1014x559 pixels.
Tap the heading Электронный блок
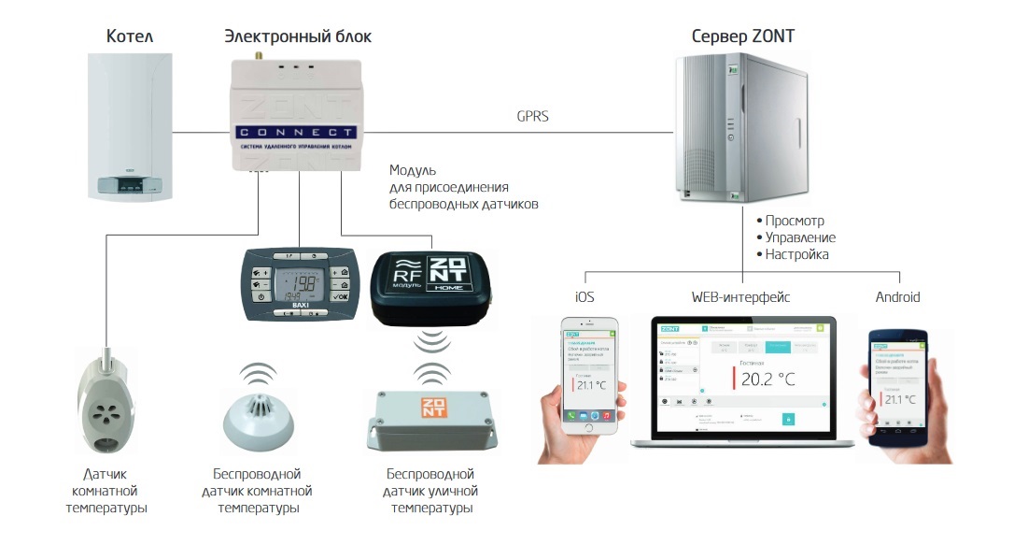click(x=297, y=36)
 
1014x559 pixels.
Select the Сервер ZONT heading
click(x=743, y=36)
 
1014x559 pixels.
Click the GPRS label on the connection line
click(x=533, y=117)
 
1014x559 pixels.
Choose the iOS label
click(x=585, y=297)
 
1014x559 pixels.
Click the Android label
click(x=897, y=297)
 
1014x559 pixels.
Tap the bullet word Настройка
click(x=796, y=254)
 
